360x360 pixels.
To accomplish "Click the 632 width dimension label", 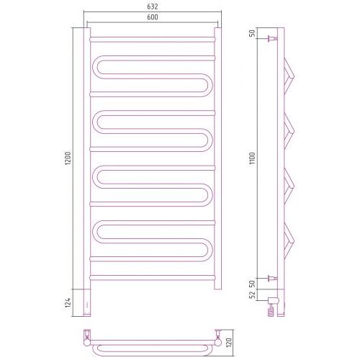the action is click(153, 6).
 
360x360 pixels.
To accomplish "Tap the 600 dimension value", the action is click(153, 17).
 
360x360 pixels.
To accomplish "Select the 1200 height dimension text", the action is click(68, 158).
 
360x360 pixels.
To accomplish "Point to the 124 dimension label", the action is click(68, 303).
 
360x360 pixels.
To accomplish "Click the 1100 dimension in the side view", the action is click(253, 158).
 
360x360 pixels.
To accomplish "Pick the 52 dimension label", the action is click(253, 295).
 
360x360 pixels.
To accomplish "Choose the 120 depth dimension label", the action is click(228, 343).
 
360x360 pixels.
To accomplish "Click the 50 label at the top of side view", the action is click(253, 33).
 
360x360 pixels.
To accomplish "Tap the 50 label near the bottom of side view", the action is click(253, 284).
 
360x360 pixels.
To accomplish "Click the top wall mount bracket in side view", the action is click(273, 38).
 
